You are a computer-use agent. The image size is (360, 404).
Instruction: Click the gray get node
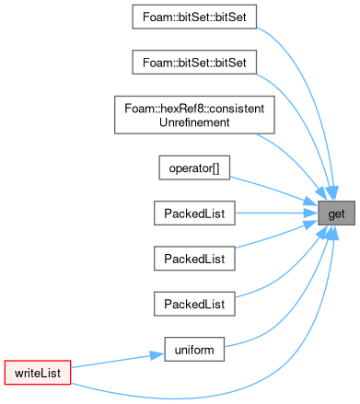(336, 214)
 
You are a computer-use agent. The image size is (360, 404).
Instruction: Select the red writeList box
(38, 373)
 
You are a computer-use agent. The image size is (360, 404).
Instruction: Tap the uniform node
(194, 350)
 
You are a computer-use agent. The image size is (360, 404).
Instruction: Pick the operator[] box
(194, 167)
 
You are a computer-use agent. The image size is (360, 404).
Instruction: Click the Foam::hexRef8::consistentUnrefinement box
(194, 115)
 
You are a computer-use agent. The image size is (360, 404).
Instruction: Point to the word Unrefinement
(194, 122)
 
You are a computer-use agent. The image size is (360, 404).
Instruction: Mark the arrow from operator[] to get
(273, 190)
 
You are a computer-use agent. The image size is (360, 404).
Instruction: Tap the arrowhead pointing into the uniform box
(157, 355)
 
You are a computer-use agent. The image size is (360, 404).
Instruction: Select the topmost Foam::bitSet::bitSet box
(194, 17)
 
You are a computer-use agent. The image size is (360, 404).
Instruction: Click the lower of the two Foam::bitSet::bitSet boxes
(194, 63)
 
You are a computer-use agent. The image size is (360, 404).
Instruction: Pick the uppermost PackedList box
(194, 214)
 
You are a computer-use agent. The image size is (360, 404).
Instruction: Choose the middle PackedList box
(194, 259)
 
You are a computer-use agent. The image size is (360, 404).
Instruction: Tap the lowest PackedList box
(194, 304)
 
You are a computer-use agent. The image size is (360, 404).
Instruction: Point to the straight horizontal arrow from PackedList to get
(276, 214)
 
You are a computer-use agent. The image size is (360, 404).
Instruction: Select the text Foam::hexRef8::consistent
(194, 109)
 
